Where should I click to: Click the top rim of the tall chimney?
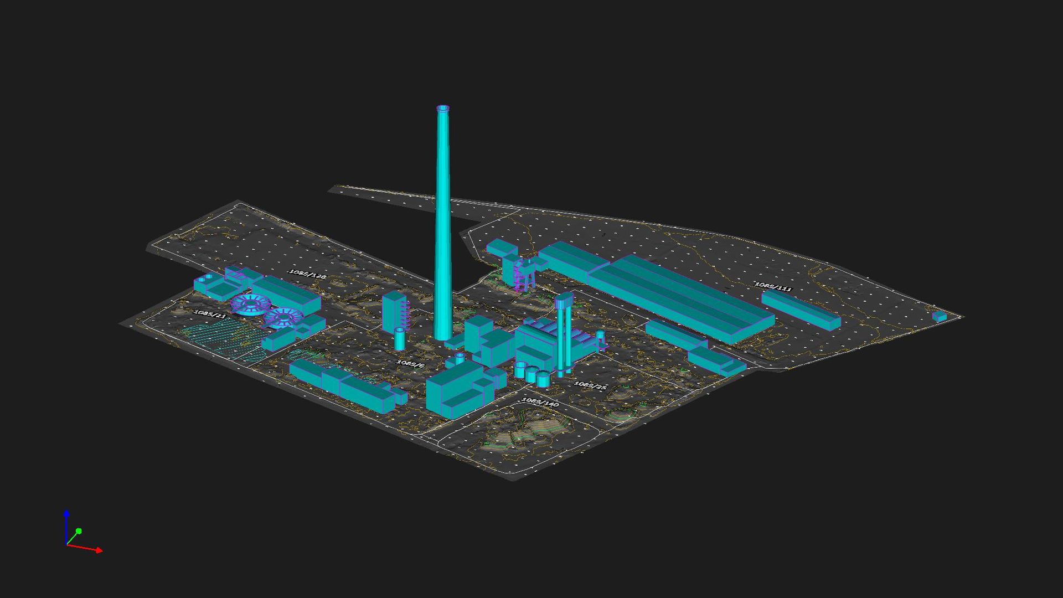click(443, 109)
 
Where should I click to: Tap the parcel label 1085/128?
click(308, 274)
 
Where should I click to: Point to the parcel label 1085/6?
click(411, 364)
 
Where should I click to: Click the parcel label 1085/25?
click(590, 385)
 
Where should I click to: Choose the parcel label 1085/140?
click(540, 402)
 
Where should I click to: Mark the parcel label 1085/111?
click(773, 286)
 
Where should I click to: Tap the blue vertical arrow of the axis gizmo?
click(66, 515)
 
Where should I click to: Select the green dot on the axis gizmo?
click(79, 531)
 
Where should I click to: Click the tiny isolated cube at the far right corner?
click(940, 317)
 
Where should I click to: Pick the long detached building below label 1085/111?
click(801, 310)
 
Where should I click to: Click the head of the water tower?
click(564, 301)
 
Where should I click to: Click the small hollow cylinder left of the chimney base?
click(400, 338)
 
